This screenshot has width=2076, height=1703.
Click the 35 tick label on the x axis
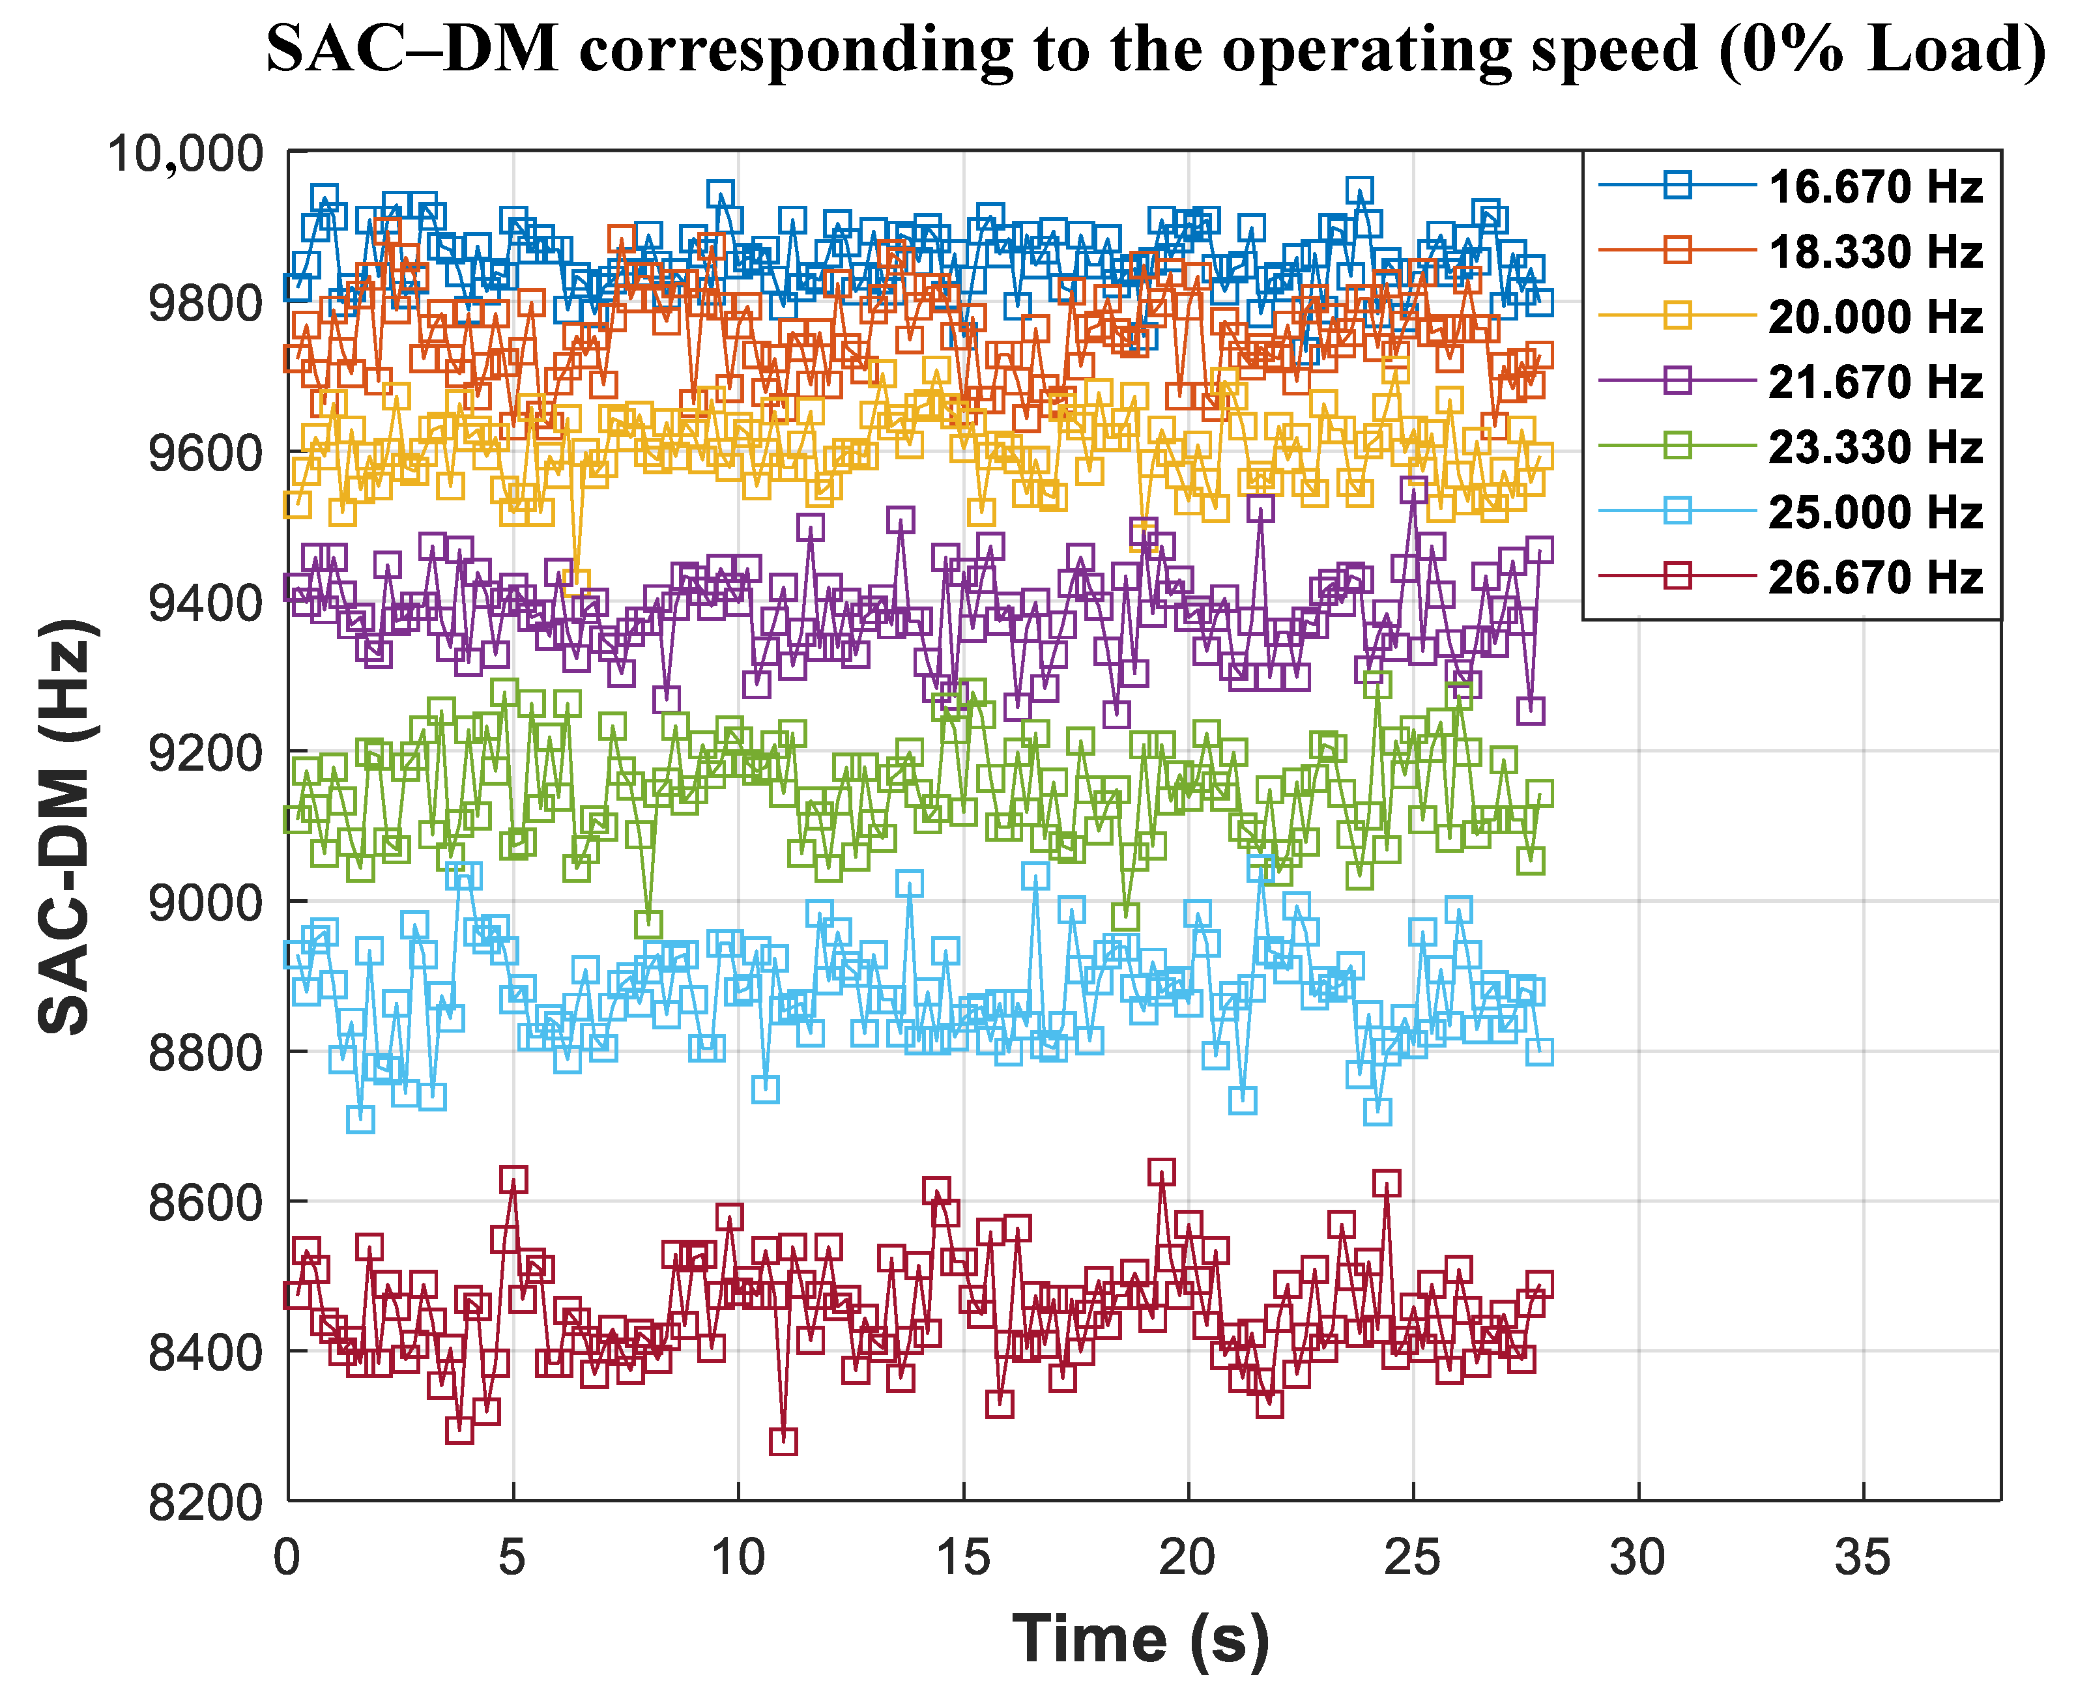[x=1862, y=1557]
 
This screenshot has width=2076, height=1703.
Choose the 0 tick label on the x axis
[x=287, y=1557]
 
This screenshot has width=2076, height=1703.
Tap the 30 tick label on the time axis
[x=1637, y=1557]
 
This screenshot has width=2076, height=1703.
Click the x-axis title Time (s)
[x=1141, y=1639]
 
